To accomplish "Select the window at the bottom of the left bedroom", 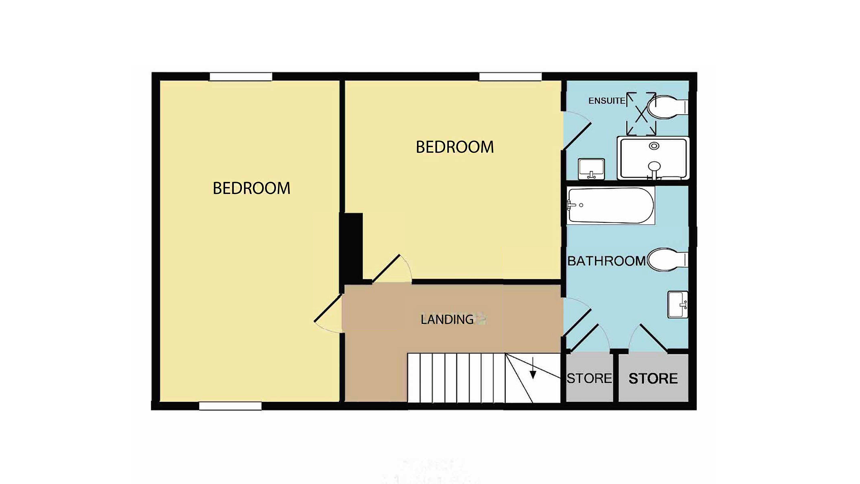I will pyautogui.click(x=230, y=406).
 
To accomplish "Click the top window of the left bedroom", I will pyautogui.click(x=241, y=77).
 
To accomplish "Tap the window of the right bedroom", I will pyautogui.click(x=510, y=77).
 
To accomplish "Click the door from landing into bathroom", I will pyautogui.click(x=577, y=317).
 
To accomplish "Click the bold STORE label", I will pyautogui.click(x=653, y=378).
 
